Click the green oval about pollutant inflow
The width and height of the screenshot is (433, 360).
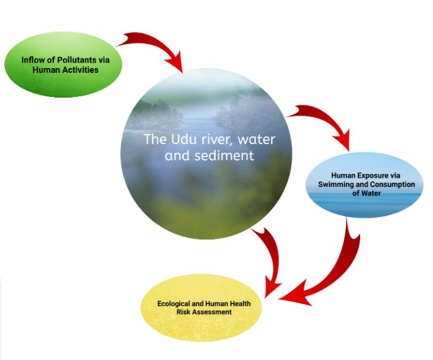tap(63, 64)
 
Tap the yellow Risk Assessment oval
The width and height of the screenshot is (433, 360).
tap(201, 308)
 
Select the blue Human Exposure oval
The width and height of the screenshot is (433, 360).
tap(364, 185)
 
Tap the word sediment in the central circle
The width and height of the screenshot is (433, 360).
tap(224, 155)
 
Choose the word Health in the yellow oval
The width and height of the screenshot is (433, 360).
tap(240, 304)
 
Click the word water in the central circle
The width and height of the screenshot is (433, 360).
tap(256, 139)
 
